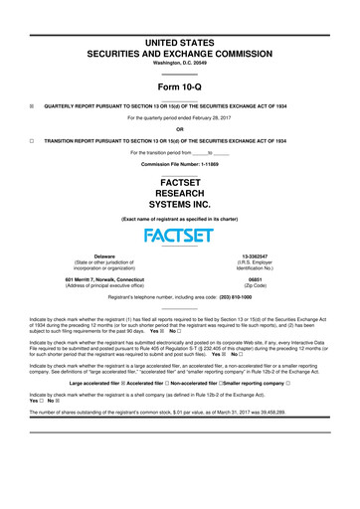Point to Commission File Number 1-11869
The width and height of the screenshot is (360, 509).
pos(179,162)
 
